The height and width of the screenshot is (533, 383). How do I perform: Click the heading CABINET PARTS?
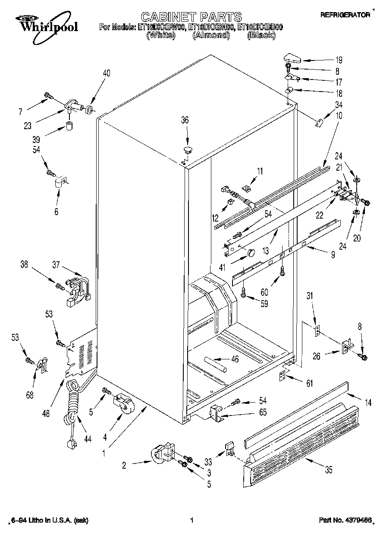coord(191,17)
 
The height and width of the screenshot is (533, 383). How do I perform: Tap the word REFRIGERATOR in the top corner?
coord(345,15)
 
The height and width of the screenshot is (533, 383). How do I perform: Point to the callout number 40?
coord(106,73)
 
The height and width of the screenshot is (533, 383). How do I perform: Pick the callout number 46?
coord(235,359)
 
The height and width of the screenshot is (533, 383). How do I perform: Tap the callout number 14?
coord(368,403)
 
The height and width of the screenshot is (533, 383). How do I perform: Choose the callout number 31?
coord(309,296)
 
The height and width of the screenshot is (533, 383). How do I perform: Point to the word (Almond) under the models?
coord(211,35)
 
